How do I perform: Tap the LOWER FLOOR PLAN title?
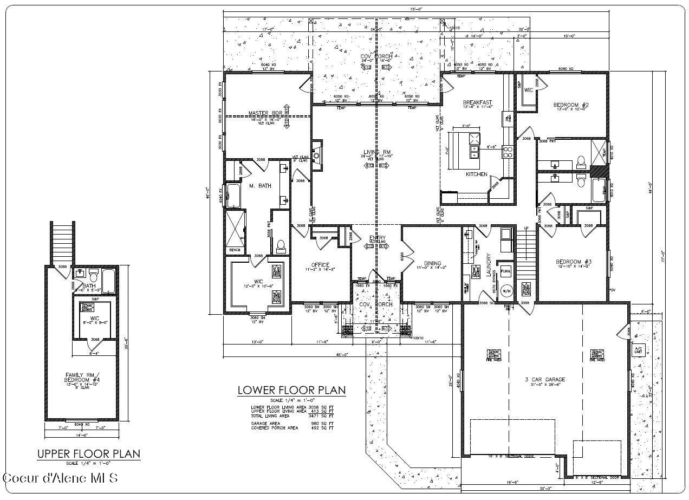(291, 391)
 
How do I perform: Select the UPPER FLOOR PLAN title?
(88, 453)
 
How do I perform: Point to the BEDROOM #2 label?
(570, 104)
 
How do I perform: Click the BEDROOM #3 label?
(574, 262)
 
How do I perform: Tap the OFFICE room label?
(320, 265)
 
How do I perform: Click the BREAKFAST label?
(477, 102)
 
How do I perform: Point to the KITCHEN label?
(477, 174)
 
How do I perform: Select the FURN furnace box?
(505, 271)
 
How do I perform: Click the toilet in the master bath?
(281, 247)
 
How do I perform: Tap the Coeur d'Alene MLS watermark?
(60, 478)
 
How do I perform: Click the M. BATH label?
(259, 186)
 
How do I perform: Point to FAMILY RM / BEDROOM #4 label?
(83, 377)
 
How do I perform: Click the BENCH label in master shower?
(235, 250)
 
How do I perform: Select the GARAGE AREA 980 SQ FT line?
(292, 424)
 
